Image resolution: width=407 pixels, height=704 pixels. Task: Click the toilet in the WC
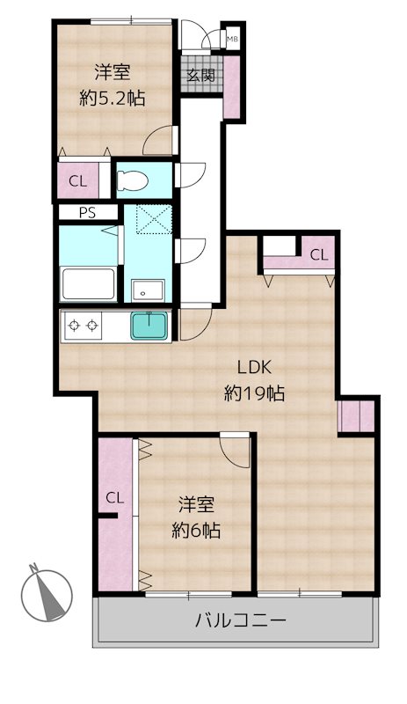pos(134,180)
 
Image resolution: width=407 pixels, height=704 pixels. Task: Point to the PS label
pos(88,212)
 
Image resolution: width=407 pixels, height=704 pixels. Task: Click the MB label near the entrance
pos(232,39)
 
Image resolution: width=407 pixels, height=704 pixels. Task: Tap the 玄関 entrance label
pos(200,76)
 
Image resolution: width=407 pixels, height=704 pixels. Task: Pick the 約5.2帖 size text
pos(112,99)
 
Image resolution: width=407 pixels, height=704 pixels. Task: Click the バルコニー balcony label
pos(239,621)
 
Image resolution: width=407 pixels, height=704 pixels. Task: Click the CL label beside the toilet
pos(77,182)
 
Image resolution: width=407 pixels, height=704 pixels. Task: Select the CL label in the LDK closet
pos(318,255)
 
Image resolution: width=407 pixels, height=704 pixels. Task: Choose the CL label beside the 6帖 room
pos(114,498)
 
